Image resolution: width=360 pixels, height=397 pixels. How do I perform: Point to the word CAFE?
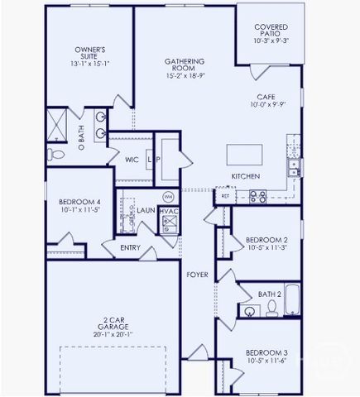tap(266, 97)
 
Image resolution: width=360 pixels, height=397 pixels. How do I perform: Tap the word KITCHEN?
tap(246, 177)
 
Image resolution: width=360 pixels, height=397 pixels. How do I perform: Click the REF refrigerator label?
tap(225, 197)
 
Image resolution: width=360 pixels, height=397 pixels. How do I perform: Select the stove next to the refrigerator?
tap(257, 197)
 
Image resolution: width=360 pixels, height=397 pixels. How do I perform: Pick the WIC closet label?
tap(132, 160)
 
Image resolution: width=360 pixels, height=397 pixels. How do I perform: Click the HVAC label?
tap(168, 211)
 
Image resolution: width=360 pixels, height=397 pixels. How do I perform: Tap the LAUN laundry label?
tap(146, 211)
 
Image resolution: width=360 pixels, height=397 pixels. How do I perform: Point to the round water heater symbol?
tap(168, 197)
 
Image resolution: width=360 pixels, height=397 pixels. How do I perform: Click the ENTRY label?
tap(130, 247)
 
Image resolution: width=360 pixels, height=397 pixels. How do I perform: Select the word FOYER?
tap(196, 274)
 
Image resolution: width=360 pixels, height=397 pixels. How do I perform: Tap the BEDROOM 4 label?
tap(79, 203)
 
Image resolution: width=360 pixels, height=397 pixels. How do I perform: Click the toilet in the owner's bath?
tap(54, 155)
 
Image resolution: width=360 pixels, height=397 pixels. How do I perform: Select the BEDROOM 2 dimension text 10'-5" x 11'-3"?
tap(266, 246)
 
